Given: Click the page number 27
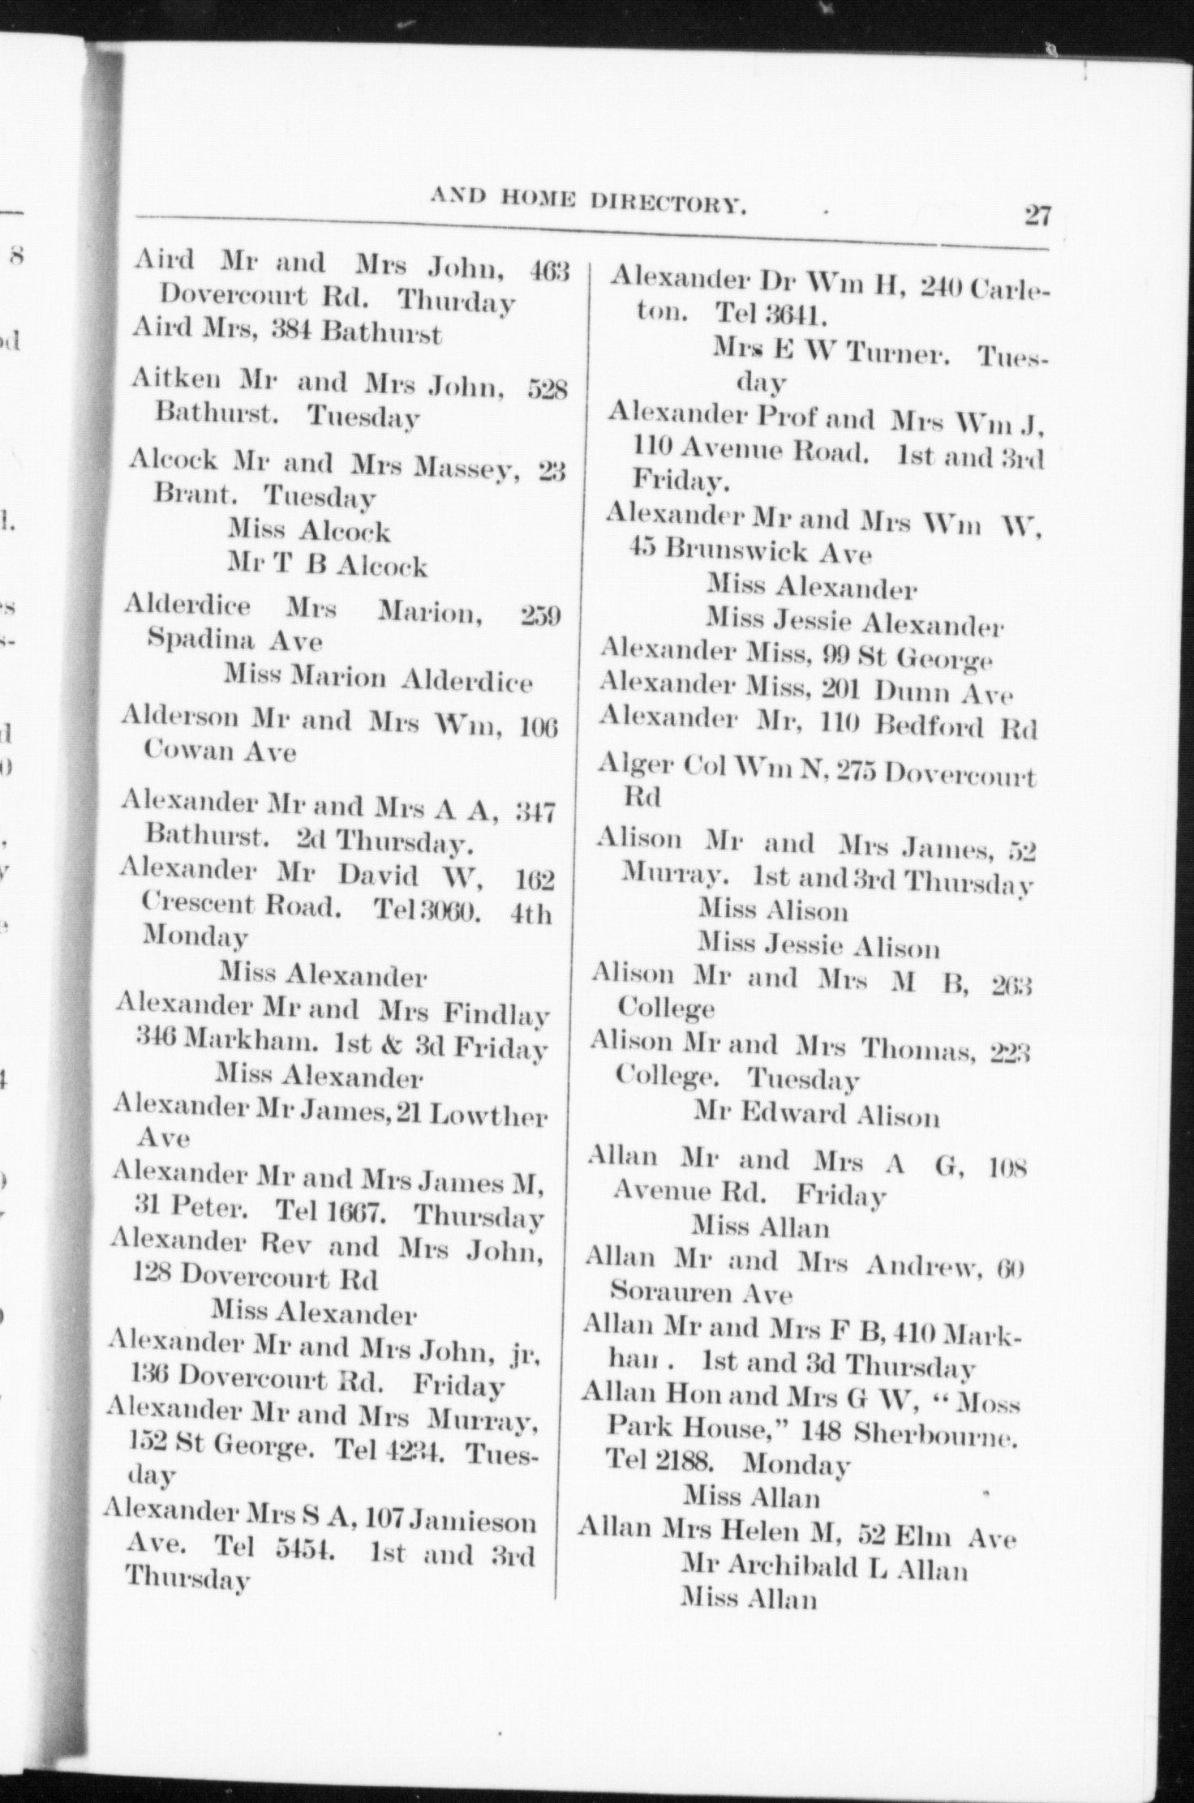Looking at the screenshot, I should tap(1037, 216).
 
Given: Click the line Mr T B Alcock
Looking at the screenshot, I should tap(327, 565).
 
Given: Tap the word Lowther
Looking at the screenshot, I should tap(487, 1116).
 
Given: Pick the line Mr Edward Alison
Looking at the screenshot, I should tap(816, 1116).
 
